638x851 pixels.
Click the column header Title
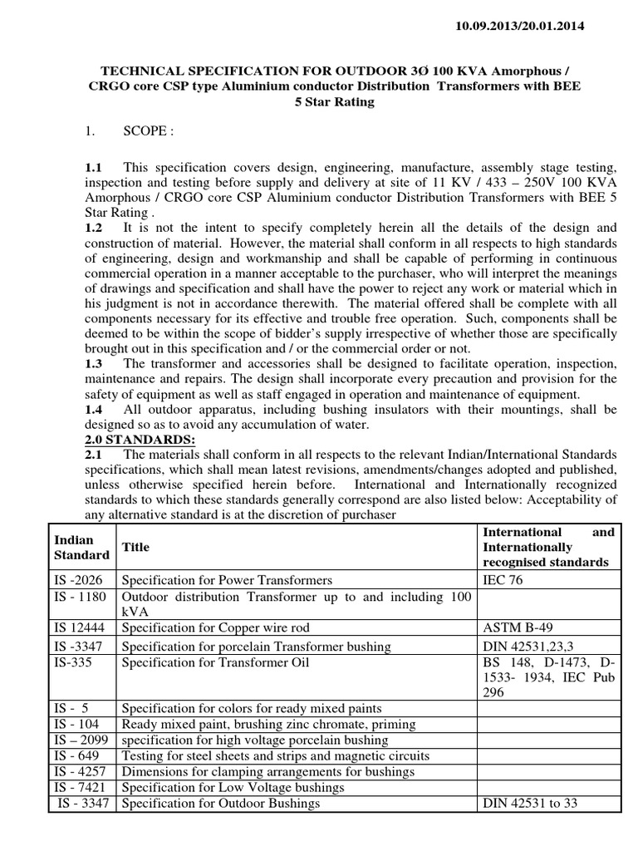[137, 548]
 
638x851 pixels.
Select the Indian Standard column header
[82, 548]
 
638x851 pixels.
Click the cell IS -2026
[78, 579]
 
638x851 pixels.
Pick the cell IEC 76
[504, 579]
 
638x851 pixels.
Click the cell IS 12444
[79, 627]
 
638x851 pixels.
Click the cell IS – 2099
[81, 740]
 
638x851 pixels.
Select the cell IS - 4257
[81, 771]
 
